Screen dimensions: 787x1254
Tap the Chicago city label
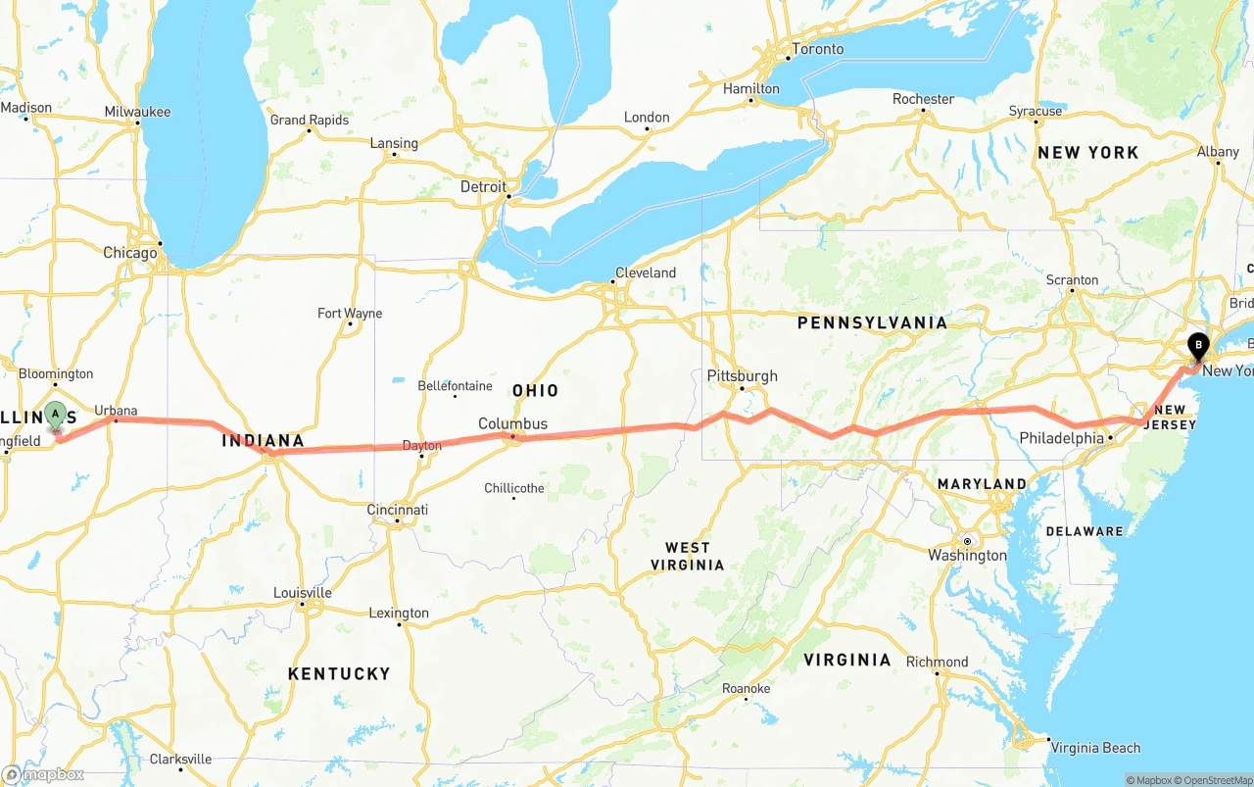130,253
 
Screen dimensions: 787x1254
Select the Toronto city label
817,49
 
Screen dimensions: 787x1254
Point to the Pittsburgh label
742,375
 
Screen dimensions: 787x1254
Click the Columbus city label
512,423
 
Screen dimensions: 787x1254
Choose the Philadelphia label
1061,438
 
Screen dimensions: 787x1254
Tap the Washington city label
967,556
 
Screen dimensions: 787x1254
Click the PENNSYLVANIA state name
872,322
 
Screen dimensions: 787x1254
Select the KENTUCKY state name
339,673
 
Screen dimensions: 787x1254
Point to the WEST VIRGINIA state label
687,556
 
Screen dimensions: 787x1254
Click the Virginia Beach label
1095,748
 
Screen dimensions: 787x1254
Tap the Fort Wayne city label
350,314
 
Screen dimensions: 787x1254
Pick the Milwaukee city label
137,112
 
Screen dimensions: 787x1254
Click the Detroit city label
484,186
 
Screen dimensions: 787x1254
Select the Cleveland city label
646,272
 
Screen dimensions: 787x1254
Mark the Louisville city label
303,593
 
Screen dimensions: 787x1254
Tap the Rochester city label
923,99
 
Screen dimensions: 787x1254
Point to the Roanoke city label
747,689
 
